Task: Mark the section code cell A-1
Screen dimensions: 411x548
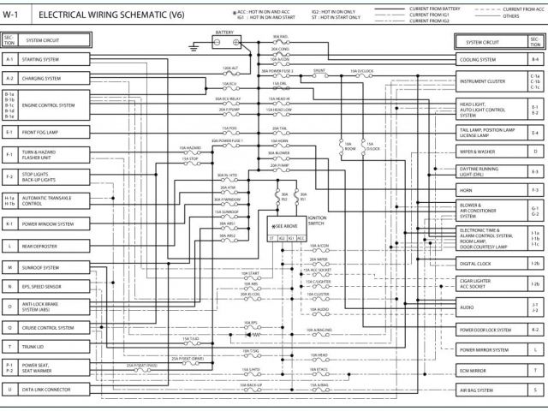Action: coord(9,60)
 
